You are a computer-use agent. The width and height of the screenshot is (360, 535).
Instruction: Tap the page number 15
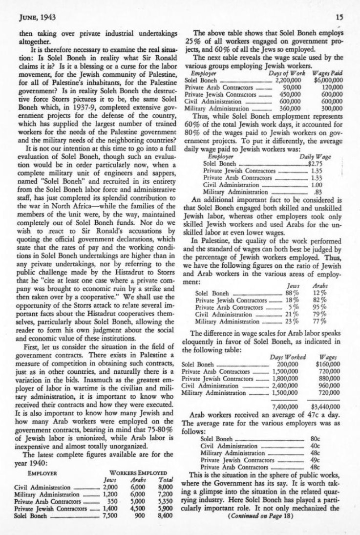pos(340,18)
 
